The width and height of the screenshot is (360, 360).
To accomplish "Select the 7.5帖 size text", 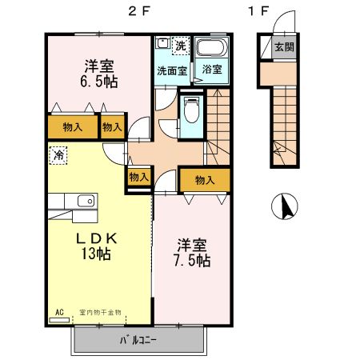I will pos(194,261).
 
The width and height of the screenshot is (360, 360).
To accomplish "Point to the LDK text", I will pos(97,238).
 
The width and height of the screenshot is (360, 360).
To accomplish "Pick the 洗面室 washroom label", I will pos(171,70).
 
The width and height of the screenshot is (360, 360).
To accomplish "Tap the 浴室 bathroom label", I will pos(212,70).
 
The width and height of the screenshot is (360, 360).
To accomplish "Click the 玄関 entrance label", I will pos(283,47).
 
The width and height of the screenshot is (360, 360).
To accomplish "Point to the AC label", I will pos(59,312).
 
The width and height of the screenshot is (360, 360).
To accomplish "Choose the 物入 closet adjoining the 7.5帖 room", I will pos(204,180).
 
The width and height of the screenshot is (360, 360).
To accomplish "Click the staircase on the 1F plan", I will pos(282,120).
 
